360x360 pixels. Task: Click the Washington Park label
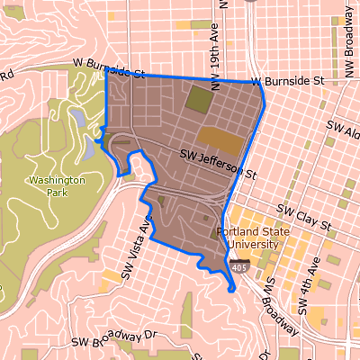coord(57,186)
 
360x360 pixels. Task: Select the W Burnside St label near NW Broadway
coord(287,81)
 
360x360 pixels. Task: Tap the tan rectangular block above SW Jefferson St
coord(220,139)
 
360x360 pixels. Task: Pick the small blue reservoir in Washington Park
coord(80,118)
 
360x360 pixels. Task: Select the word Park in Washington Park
coord(57,193)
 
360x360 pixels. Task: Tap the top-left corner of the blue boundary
coord(106,69)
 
